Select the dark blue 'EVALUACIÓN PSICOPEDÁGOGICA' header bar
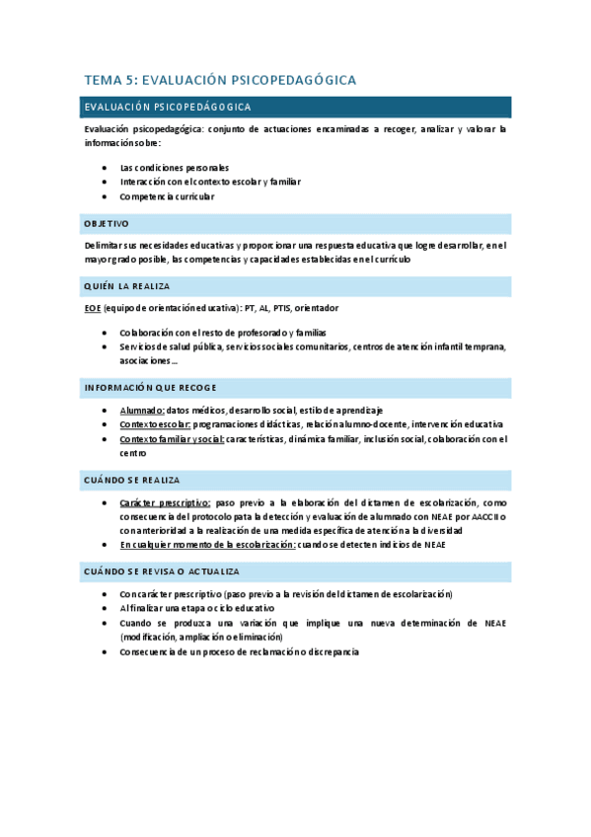tap(296, 107)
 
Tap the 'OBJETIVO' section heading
tap(107, 224)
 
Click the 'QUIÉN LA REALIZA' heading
tap(127, 286)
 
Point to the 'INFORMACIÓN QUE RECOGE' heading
tap(150, 386)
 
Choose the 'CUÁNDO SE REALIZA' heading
tap(131, 480)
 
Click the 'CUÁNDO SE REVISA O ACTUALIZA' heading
tap(162, 571)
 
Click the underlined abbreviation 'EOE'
tap(93, 308)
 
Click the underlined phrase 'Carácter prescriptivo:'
tap(166, 502)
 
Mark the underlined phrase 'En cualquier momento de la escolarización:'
tap(207, 545)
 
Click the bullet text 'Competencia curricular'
tap(167, 196)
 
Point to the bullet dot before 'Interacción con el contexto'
tap(105, 183)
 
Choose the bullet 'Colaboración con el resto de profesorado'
tap(222, 333)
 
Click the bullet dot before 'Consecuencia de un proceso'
tap(105, 652)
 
